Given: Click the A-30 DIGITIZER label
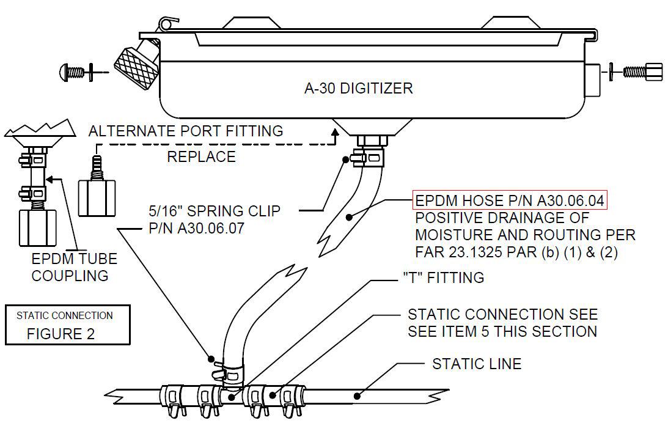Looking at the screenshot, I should [358, 88].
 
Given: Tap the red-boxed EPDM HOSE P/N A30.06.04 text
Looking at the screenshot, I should [510, 201].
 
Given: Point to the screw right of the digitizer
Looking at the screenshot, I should [641, 72].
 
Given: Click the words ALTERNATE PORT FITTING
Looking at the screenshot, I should [186, 131].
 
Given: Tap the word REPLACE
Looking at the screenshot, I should [201, 156].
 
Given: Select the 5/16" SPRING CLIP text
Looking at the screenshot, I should [215, 211].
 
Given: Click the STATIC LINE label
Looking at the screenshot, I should [477, 364].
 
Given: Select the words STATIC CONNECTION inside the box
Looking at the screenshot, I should [65, 315].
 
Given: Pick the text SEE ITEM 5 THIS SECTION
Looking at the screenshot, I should [502, 331].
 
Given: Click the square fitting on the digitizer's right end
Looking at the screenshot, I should [593, 79].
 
